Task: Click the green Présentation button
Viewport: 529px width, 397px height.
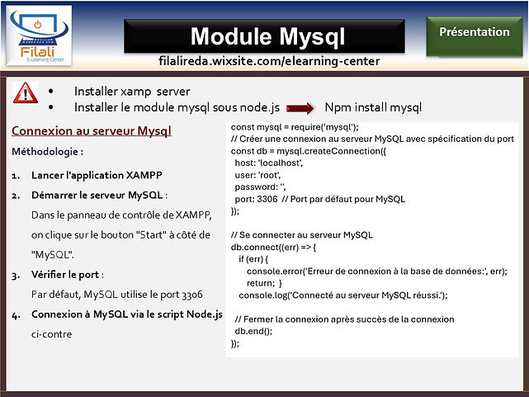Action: pyautogui.click(x=475, y=35)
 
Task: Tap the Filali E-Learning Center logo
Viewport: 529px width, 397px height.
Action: pyautogui.click(x=39, y=35)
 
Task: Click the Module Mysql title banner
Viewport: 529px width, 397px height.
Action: pyautogui.click(x=264, y=36)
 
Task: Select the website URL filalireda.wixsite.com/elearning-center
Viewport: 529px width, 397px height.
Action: pyautogui.click(x=269, y=61)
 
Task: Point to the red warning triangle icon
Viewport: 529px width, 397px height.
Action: pyautogui.click(x=26, y=92)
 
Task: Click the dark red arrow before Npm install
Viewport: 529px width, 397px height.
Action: pyautogui.click(x=300, y=108)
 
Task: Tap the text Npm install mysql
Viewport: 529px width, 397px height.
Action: pyautogui.click(x=373, y=107)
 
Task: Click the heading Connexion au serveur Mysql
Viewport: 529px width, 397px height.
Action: pyautogui.click(x=92, y=131)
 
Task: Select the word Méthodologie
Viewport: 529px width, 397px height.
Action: pyautogui.click(x=45, y=152)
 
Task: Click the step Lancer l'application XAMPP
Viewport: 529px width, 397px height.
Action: pyautogui.click(x=97, y=176)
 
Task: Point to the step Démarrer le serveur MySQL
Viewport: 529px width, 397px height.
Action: pyautogui.click(x=97, y=195)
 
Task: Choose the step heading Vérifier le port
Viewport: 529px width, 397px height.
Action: pyautogui.click(x=65, y=275)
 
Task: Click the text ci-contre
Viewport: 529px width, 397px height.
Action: pyautogui.click(x=52, y=334)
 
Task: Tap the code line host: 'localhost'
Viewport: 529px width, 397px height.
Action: pyautogui.click(x=269, y=163)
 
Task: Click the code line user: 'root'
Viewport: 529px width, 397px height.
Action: pyautogui.click(x=257, y=175)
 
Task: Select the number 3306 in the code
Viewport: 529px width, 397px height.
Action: pyautogui.click(x=267, y=199)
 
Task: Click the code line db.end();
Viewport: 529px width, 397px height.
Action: pyautogui.click(x=253, y=331)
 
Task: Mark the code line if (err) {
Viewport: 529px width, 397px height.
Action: pyautogui.click(x=253, y=259)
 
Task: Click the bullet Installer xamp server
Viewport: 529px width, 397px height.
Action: pyautogui.click(x=132, y=92)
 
